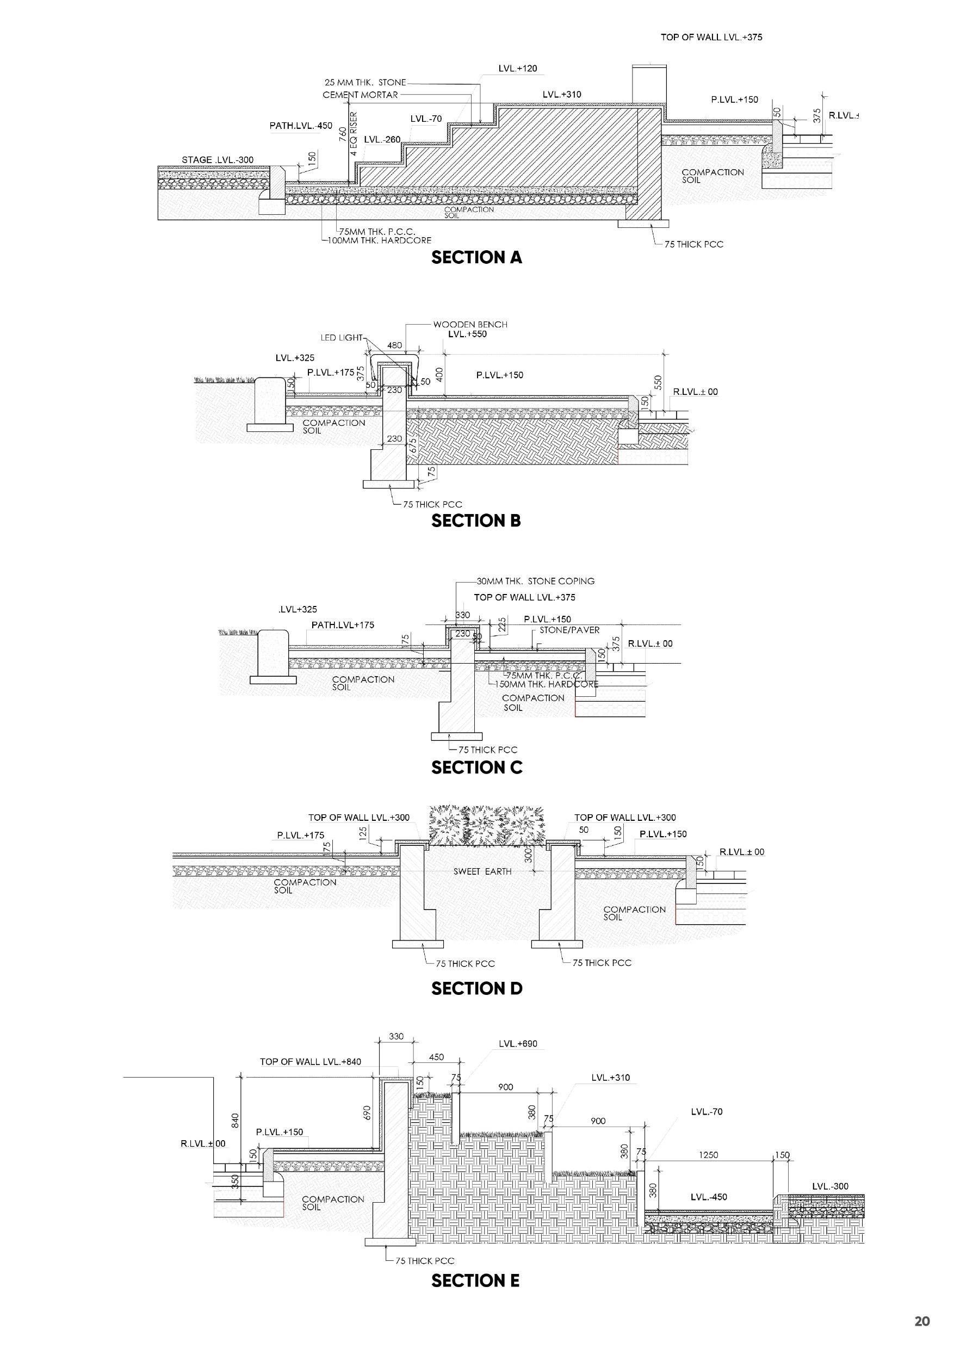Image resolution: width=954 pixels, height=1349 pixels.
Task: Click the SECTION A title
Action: (476, 257)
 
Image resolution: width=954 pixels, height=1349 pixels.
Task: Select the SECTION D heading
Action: (476, 988)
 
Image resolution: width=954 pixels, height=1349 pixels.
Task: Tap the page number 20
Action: (922, 1321)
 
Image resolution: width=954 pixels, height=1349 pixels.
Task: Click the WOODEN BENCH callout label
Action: (470, 324)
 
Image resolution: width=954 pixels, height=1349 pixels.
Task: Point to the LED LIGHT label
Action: (342, 338)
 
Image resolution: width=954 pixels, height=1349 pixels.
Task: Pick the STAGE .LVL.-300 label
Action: (218, 160)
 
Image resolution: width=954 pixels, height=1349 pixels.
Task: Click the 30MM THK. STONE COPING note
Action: (535, 581)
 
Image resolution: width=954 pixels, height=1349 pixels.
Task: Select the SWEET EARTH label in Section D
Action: (482, 871)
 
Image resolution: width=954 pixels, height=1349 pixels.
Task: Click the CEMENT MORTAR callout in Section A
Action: (360, 95)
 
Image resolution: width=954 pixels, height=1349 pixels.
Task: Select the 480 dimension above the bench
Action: (395, 346)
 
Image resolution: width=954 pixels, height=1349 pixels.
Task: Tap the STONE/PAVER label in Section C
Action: (569, 630)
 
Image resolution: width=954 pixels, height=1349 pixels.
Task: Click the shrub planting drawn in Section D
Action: (486, 826)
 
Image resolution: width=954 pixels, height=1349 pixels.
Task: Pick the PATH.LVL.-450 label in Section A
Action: (301, 126)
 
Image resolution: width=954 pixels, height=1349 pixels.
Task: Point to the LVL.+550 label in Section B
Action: (467, 335)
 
